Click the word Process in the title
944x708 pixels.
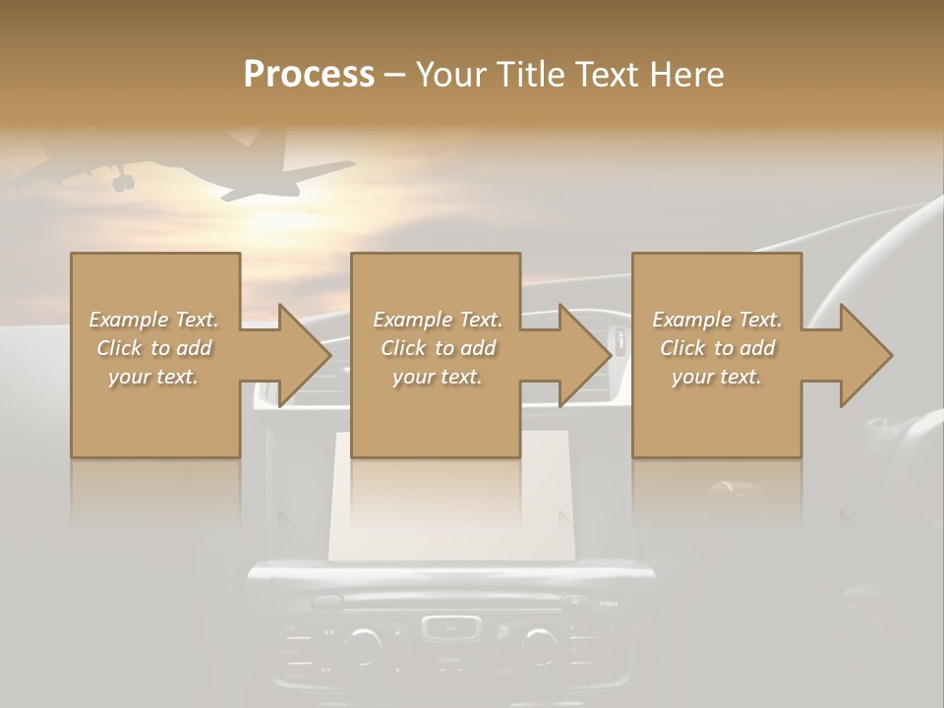(x=309, y=74)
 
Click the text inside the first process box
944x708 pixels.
(x=154, y=348)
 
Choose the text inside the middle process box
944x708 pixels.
(x=437, y=348)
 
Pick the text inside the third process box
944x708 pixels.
(x=717, y=348)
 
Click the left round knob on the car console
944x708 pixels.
(x=364, y=644)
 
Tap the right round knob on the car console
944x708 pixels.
(x=539, y=644)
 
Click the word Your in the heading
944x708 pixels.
(x=451, y=74)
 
